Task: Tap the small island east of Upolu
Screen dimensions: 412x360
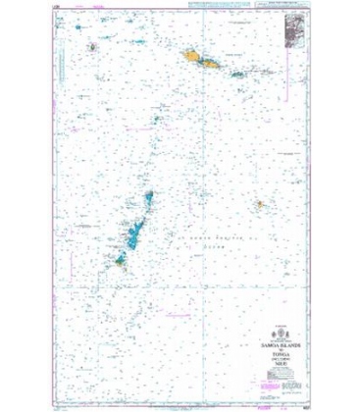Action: (x=236, y=72)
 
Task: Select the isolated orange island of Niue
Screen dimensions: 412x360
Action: (x=262, y=205)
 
